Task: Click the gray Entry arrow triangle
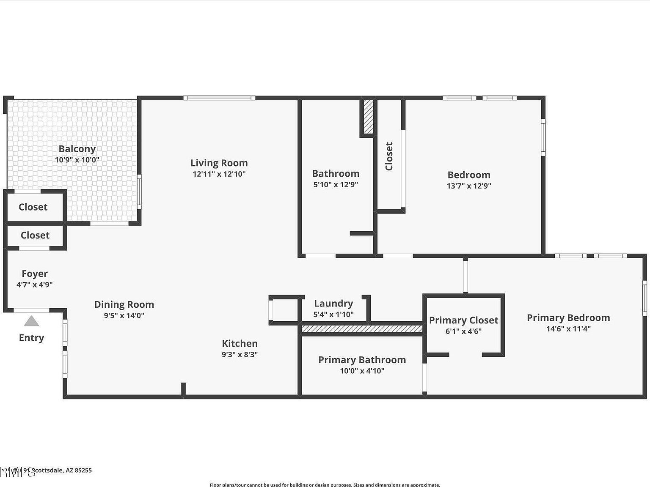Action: (x=31, y=321)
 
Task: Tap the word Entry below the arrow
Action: (x=31, y=338)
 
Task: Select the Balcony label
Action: (x=77, y=149)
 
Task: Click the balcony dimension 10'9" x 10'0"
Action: (x=77, y=160)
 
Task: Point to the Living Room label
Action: (x=219, y=163)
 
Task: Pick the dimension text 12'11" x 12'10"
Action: (x=219, y=174)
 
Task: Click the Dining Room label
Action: (x=124, y=304)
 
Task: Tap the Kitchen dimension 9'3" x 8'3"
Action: (x=240, y=355)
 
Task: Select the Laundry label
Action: (x=333, y=304)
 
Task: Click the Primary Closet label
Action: (x=463, y=320)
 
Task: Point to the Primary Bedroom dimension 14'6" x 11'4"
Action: (x=568, y=329)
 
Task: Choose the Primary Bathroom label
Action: (x=362, y=360)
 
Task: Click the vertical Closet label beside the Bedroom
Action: (x=389, y=156)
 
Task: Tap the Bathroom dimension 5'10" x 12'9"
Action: (x=336, y=184)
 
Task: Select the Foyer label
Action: (x=35, y=274)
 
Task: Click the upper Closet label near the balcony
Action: (x=33, y=207)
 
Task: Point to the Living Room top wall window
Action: (x=219, y=98)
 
